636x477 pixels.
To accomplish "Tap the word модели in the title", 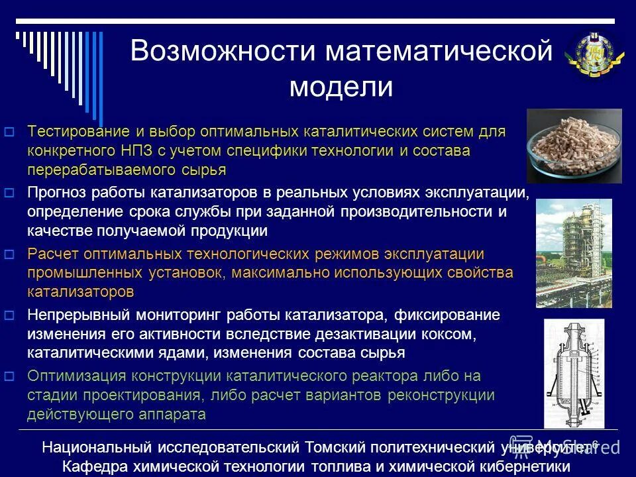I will pos(341,87).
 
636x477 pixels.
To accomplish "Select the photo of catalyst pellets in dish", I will pos(574,146).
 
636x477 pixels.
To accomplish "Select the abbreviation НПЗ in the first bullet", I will pos(133,150).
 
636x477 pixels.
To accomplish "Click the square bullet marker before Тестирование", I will pos(9,131).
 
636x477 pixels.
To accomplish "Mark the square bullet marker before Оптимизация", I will pos(9,376).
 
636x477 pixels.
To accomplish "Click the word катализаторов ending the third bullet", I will pos(80,292).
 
